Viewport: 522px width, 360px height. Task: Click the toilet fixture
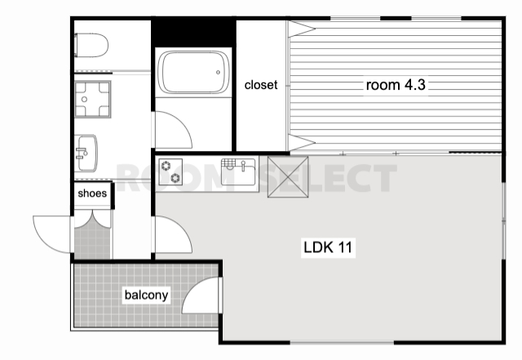91,45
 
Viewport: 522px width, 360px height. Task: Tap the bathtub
193,72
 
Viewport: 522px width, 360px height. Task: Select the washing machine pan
92,100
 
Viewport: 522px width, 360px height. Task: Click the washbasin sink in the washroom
86,153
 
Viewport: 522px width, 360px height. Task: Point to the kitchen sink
238,171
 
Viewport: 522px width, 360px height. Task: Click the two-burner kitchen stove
170,171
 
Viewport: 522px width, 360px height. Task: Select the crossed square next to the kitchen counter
288,176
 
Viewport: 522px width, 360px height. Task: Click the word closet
261,85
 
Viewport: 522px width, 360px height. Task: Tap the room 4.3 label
396,85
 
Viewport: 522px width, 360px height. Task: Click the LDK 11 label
328,247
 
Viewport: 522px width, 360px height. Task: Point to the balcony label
146,295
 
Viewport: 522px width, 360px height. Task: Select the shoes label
92,193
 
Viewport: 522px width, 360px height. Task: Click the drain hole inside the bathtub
218,73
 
